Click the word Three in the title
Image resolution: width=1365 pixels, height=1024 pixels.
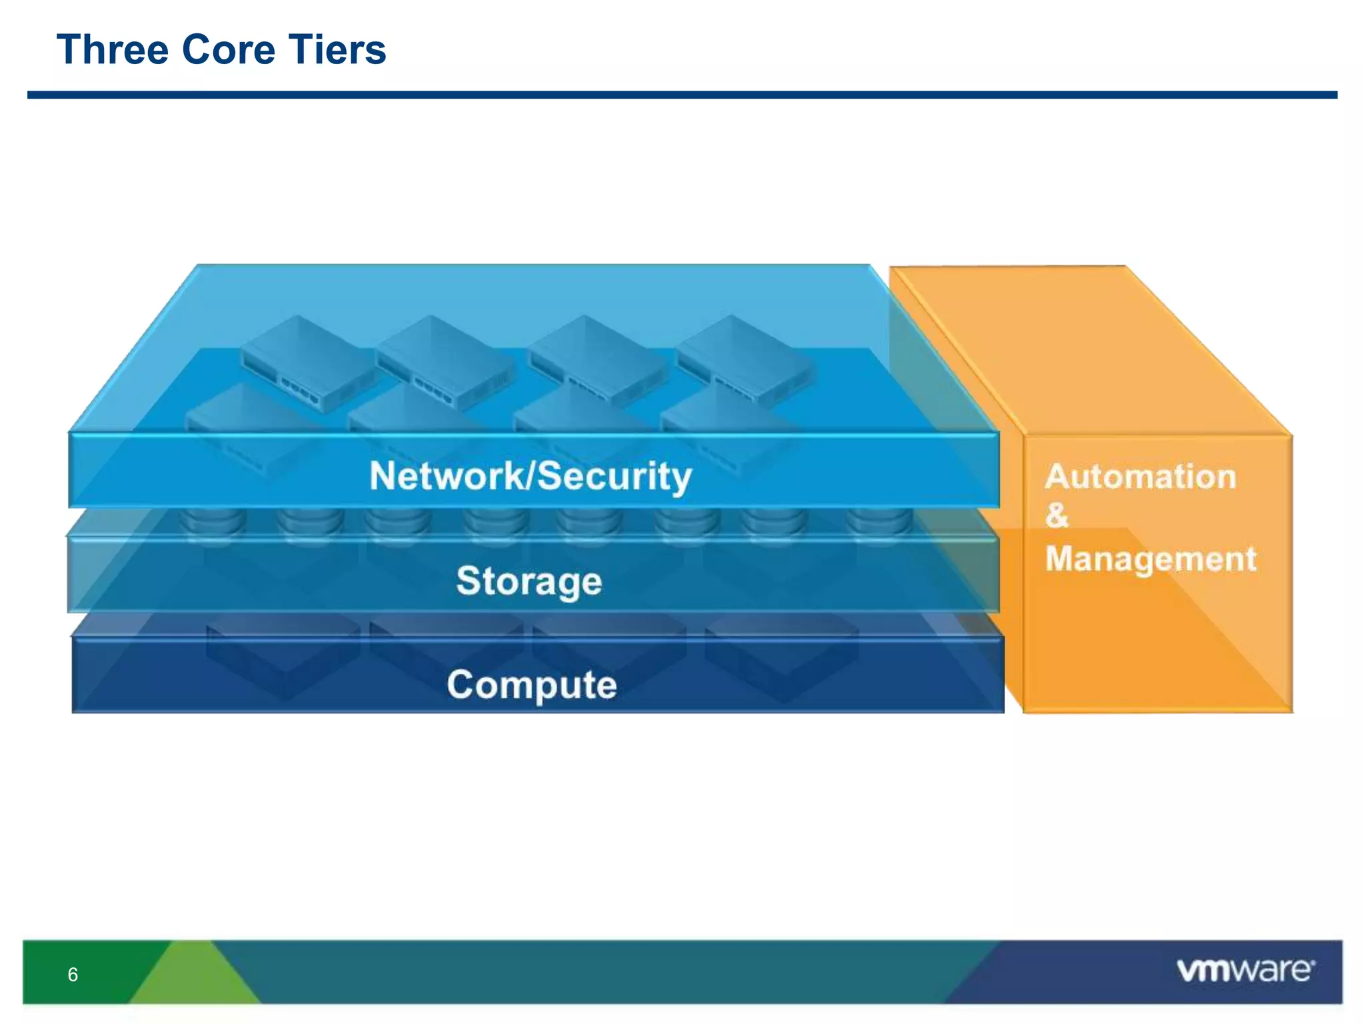tap(112, 50)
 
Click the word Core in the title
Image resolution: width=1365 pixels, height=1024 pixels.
tap(229, 50)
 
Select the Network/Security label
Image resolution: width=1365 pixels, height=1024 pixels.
tap(531, 476)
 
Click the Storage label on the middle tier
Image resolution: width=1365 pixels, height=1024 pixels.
tap(529, 581)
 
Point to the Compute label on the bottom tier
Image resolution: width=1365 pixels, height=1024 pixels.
tap(532, 685)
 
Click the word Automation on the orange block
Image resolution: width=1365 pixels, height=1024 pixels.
tap(1140, 477)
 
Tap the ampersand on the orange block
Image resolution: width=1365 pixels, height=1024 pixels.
tap(1056, 515)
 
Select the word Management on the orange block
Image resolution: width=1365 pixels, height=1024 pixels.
tap(1150, 559)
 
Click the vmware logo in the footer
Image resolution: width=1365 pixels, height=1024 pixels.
tap(1245, 970)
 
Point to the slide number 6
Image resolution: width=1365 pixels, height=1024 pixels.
tap(73, 975)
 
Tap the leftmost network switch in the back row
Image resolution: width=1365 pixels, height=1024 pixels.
tap(307, 363)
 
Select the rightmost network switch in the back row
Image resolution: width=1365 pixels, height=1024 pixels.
tap(745, 360)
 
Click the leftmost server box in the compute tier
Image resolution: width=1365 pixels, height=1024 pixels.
tap(283, 653)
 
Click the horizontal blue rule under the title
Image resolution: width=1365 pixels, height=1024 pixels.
tap(682, 95)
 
